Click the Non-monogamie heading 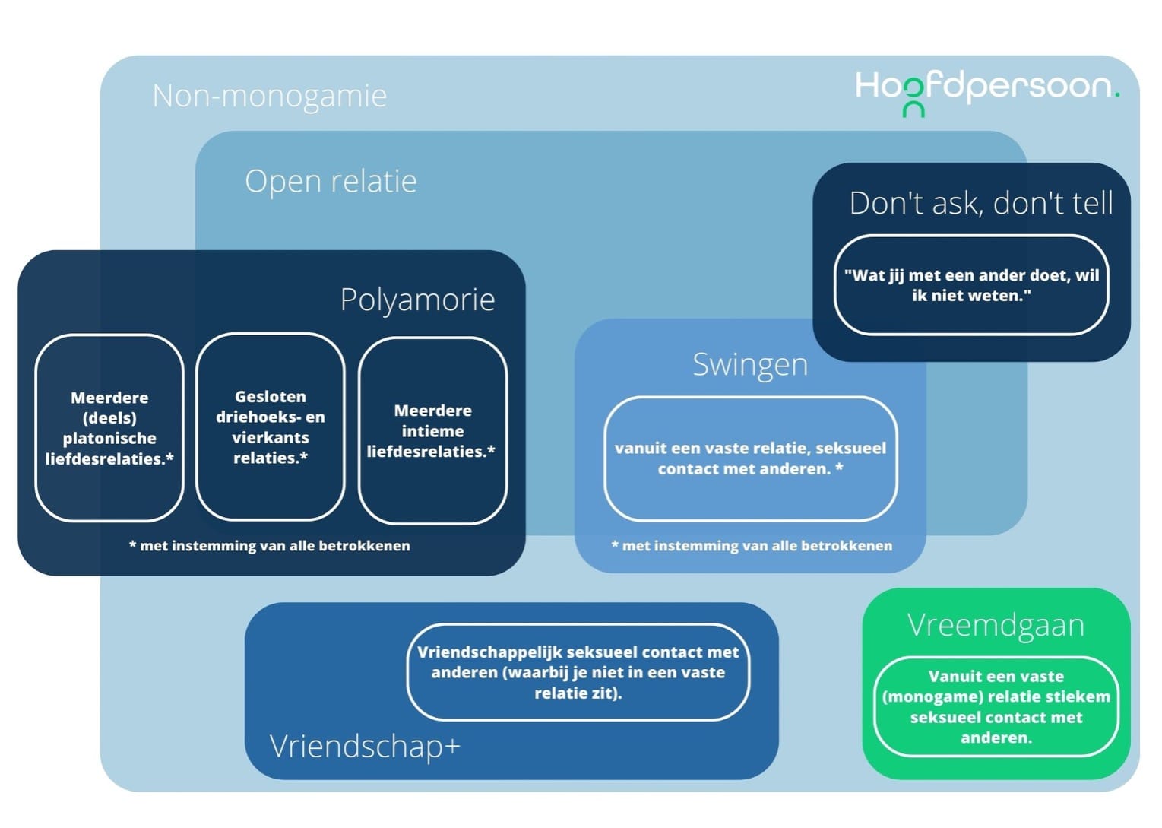269,97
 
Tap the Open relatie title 331,182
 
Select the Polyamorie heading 417,300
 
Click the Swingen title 749,364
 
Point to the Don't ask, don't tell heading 980,203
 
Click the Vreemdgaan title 996,625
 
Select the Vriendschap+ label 365,746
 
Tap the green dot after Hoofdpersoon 1116,95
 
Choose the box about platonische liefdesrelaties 109,428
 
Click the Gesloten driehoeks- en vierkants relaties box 271,427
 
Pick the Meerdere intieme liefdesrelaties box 432,431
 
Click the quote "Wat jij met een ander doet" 970,285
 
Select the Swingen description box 750,458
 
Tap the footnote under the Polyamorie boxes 270,546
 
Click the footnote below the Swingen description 752,546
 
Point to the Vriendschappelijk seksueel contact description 578,672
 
